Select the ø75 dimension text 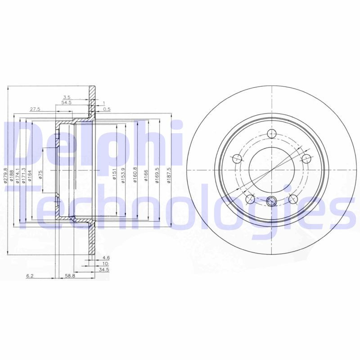click(40, 175)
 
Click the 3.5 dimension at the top click(67, 97)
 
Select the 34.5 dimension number click(104, 269)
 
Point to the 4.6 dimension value click(106, 258)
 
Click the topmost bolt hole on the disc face click(271, 134)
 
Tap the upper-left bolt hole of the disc click(237, 158)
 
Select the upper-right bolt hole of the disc click(306, 158)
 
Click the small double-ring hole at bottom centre click(271, 201)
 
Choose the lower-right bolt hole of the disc click(293, 199)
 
